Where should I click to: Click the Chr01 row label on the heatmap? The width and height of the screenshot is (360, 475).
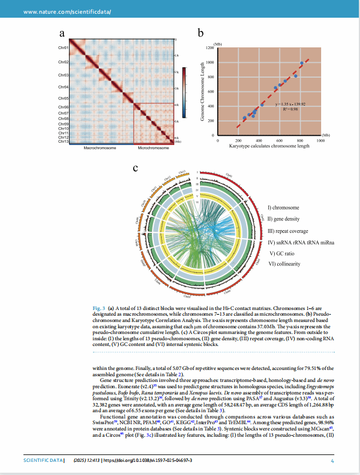(x=63, y=48)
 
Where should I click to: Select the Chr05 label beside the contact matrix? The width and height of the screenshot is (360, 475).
(x=63, y=98)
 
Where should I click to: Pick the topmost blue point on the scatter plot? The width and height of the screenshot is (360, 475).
(x=301, y=63)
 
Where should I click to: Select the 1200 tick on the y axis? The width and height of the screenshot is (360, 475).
(x=210, y=48)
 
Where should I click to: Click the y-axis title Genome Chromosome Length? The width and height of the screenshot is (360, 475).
(x=203, y=91)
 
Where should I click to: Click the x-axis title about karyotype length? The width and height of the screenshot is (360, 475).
(x=269, y=146)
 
